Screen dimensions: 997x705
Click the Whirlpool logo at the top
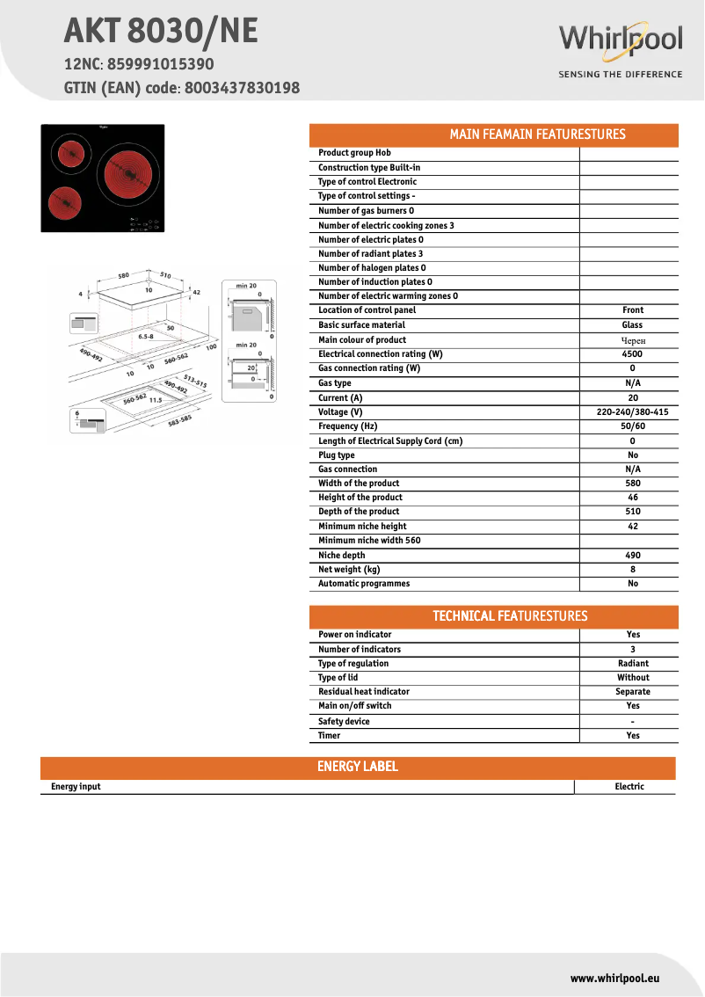(x=620, y=41)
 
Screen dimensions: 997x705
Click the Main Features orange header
(x=493, y=135)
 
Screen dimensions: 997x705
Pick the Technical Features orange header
(x=493, y=616)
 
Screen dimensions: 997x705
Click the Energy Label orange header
(x=357, y=767)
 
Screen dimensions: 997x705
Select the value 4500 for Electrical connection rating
(x=632, y=354)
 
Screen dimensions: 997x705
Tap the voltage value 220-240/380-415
(x=632, y=412)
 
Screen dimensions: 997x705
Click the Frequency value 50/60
(x=632, y=426)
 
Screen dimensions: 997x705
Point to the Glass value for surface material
(x=632, y=325)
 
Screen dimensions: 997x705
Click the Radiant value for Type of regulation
(x=633, y=664)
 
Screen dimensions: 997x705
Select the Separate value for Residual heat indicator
(x=633, y=692)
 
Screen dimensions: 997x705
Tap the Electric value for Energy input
(x=629, y=787)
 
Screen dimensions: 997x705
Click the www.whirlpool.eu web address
(x=614, y=978)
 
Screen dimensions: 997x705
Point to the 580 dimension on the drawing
(x=123, y=275)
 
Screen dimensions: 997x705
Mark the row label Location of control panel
(x=367, y=310)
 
